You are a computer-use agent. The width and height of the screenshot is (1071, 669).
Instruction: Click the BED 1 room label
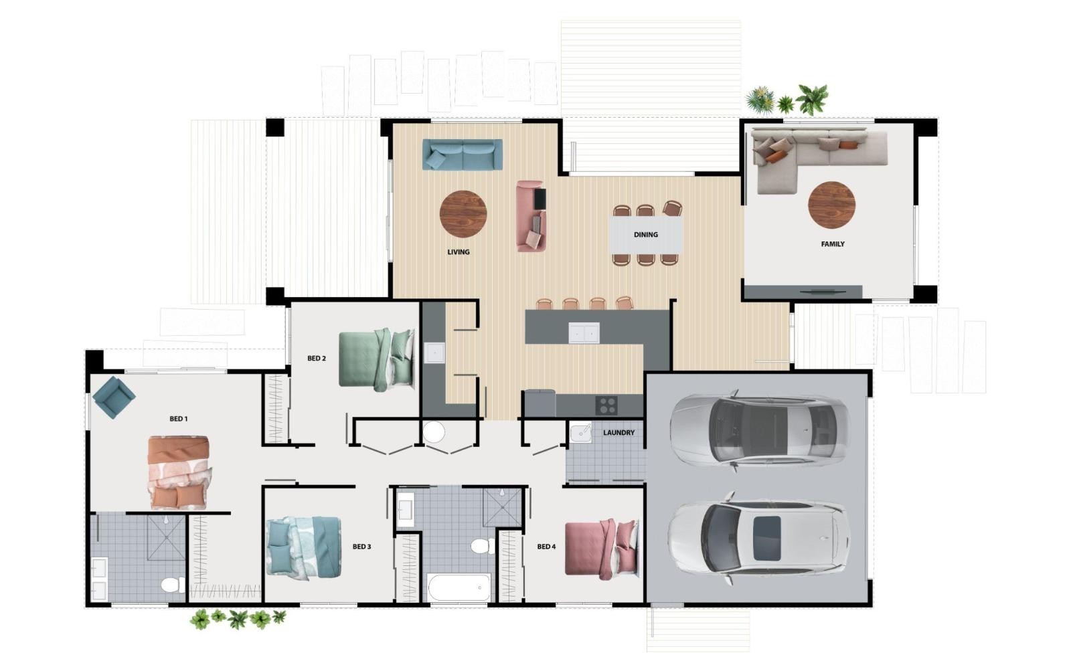178,419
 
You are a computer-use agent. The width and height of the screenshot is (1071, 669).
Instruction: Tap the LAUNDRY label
619,432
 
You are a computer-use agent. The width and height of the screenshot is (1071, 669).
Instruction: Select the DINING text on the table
645,235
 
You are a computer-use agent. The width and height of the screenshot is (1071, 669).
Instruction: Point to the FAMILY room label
833,244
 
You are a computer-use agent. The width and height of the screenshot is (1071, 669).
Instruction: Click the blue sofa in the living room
463,155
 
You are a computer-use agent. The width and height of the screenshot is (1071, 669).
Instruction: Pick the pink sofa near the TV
531,216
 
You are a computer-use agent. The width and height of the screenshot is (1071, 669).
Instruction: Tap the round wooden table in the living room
463,213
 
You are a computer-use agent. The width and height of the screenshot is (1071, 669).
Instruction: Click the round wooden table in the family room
831,205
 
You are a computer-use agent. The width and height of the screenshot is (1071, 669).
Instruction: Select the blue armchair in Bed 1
114,397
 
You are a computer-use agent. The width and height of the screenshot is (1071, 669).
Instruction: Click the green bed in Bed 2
377,360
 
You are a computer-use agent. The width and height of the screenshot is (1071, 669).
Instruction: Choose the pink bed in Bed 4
602,549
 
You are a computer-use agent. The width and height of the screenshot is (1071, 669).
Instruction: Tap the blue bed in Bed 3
304,548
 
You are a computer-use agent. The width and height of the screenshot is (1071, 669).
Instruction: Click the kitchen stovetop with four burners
606,405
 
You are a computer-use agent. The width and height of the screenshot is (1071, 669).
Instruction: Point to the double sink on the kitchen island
584,332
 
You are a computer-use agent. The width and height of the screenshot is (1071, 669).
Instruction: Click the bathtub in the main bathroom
459,587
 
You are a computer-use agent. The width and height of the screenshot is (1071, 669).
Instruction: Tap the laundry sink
580,433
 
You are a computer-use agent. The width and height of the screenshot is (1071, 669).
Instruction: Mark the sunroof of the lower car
767,539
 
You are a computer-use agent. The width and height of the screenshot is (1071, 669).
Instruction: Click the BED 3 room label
362,547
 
